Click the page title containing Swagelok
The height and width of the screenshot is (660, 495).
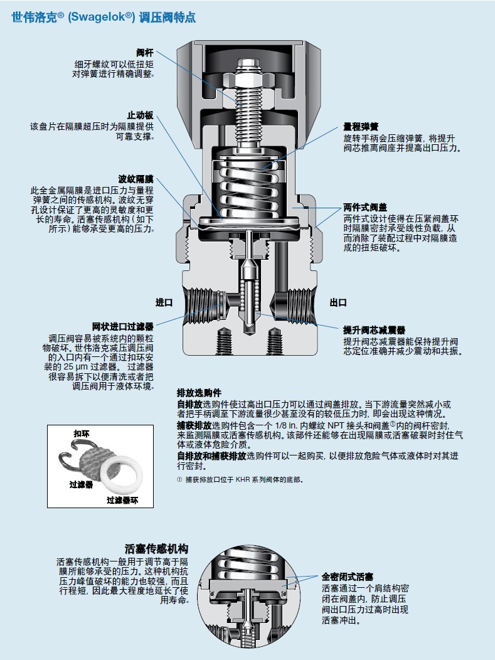click(x=104, y=17)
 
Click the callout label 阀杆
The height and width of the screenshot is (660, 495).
click(x=145, y=53)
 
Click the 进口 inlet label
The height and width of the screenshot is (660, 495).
click(x=164, y=302)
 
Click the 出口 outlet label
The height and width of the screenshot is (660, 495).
click(x=338, y=302)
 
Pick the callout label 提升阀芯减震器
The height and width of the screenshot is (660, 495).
click(x=374, y=330)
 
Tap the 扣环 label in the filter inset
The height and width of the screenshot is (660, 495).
click(x=82, y=434)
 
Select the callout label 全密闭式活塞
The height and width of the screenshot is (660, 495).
click(x=348, y=577)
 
